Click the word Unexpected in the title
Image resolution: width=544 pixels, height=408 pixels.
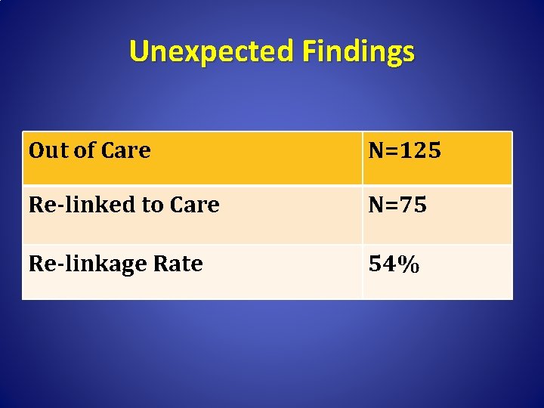(x=212, y=51)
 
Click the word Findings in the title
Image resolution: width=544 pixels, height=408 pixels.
(x=358, y=51)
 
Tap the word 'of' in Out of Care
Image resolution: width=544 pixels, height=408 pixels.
(x=81, y=150)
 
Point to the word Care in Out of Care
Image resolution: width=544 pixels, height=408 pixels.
(x=125, y=150)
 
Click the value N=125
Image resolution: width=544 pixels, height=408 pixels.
(x=404, y=150)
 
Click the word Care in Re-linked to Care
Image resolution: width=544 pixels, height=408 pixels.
(x=192, y=205)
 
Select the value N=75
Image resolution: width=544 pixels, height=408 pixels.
(x=397, y=205)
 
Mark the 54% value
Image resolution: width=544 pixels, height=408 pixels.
(x=394, y=264)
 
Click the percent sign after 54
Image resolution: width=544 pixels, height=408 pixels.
(x=409, y=264)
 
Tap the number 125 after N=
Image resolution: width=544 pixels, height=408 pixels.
(x=421, y=150)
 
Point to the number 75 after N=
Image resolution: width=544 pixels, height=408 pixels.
(x=415, y=205)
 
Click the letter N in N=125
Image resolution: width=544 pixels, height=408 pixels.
(x=376, y=150)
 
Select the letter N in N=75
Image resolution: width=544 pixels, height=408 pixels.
(x=376, y=205)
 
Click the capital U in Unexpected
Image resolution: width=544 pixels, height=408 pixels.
(x=138, y=51)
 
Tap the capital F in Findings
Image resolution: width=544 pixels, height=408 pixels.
(x=310, y=51)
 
